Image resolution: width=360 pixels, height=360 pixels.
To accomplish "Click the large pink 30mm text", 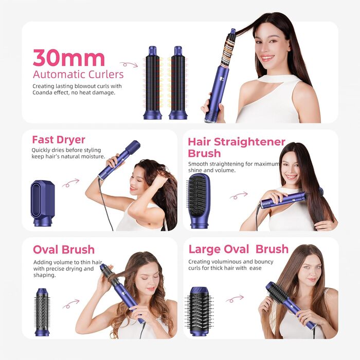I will (x=68, y=58).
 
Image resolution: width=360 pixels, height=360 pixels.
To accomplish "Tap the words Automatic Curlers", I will (x=78, y=75).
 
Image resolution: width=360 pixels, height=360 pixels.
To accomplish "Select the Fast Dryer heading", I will (x=59, y=140).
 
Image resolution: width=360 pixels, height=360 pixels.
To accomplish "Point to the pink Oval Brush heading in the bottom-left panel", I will (x=64, y=250).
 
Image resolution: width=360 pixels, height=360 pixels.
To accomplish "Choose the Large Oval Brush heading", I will (x=238, y=249).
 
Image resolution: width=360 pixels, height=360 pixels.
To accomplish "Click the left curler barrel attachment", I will (x=153, y=82).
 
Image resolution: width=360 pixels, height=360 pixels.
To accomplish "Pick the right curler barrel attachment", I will (x=178, y=82).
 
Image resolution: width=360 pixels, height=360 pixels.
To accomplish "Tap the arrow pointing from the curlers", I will (x=129, y=64).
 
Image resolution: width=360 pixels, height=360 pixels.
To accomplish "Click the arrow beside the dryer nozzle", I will (x=71, y=183).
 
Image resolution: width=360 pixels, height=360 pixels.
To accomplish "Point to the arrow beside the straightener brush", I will (x=238, y=196).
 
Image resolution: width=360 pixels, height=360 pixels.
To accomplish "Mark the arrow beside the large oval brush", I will (x=235, y=298).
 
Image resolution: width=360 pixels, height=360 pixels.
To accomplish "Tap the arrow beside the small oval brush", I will (x=71, y=304).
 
